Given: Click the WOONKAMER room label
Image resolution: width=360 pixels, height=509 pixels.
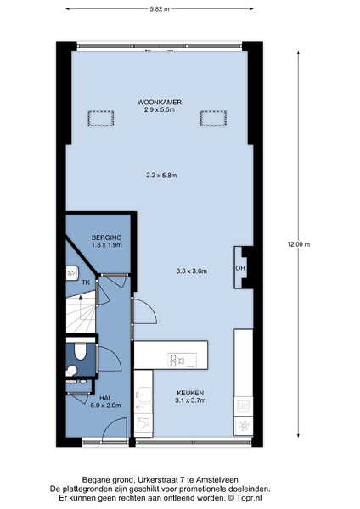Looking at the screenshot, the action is [x=160, y=103].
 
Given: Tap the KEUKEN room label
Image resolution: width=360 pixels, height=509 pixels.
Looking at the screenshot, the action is [x=190, y=393].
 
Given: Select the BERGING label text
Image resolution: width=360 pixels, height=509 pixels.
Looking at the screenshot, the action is [x=107, y=238].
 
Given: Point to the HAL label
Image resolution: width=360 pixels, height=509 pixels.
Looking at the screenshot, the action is [x=105, y=398].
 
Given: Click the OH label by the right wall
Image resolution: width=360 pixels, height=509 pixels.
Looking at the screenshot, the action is [x=240, y=268].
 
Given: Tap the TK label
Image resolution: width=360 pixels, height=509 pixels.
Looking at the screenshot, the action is [x=86, y=282].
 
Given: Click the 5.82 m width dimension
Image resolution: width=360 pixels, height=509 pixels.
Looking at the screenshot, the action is [x=160, y=9].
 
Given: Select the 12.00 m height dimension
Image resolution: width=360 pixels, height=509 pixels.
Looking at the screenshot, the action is [x=298, y=244].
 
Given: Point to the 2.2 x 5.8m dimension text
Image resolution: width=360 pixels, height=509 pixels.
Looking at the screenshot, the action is [x=161, y=176].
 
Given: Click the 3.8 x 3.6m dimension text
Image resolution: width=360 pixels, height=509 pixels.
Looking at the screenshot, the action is [x=192, y=271].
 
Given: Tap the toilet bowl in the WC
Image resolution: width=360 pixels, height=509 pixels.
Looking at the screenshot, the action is [x=80, y=351].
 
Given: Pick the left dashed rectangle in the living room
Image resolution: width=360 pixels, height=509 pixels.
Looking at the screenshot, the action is [x=101, y=119].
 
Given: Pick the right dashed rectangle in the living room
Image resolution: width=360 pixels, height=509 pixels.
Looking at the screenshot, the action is [x=213, y=119].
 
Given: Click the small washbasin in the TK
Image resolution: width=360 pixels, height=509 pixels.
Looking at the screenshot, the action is [x=72, y=273].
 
